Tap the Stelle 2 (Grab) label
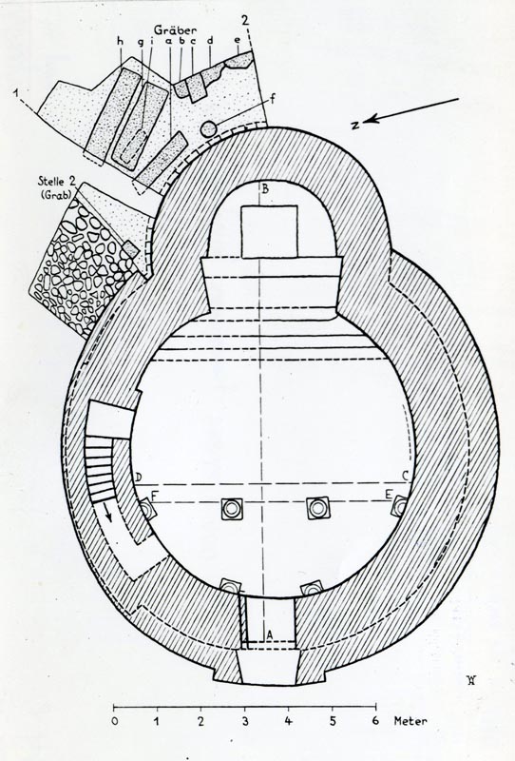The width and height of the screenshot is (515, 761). coord(58,187)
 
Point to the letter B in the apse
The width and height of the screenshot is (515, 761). coord(265,188)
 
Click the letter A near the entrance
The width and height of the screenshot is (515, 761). coord(270,634)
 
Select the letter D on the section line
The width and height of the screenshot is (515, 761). coord(138,478)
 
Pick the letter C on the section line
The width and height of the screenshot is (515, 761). coord(406,478)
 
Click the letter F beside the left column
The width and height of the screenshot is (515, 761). coord(154,496)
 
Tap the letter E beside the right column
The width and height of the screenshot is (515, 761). coord(388,495)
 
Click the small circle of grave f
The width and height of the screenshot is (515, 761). coord(208,128)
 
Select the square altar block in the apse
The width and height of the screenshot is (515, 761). coord(269,231)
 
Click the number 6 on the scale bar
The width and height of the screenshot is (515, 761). coord(375,721)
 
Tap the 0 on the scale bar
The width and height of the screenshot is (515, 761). coord(114,721)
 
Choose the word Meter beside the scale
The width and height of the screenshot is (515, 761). coord(410,721)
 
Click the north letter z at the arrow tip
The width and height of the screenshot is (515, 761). coord(355,126)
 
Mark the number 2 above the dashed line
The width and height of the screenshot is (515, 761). coord(245,20)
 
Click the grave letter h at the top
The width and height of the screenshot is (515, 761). coord(120,42)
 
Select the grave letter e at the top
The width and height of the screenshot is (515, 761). coord(238,41)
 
